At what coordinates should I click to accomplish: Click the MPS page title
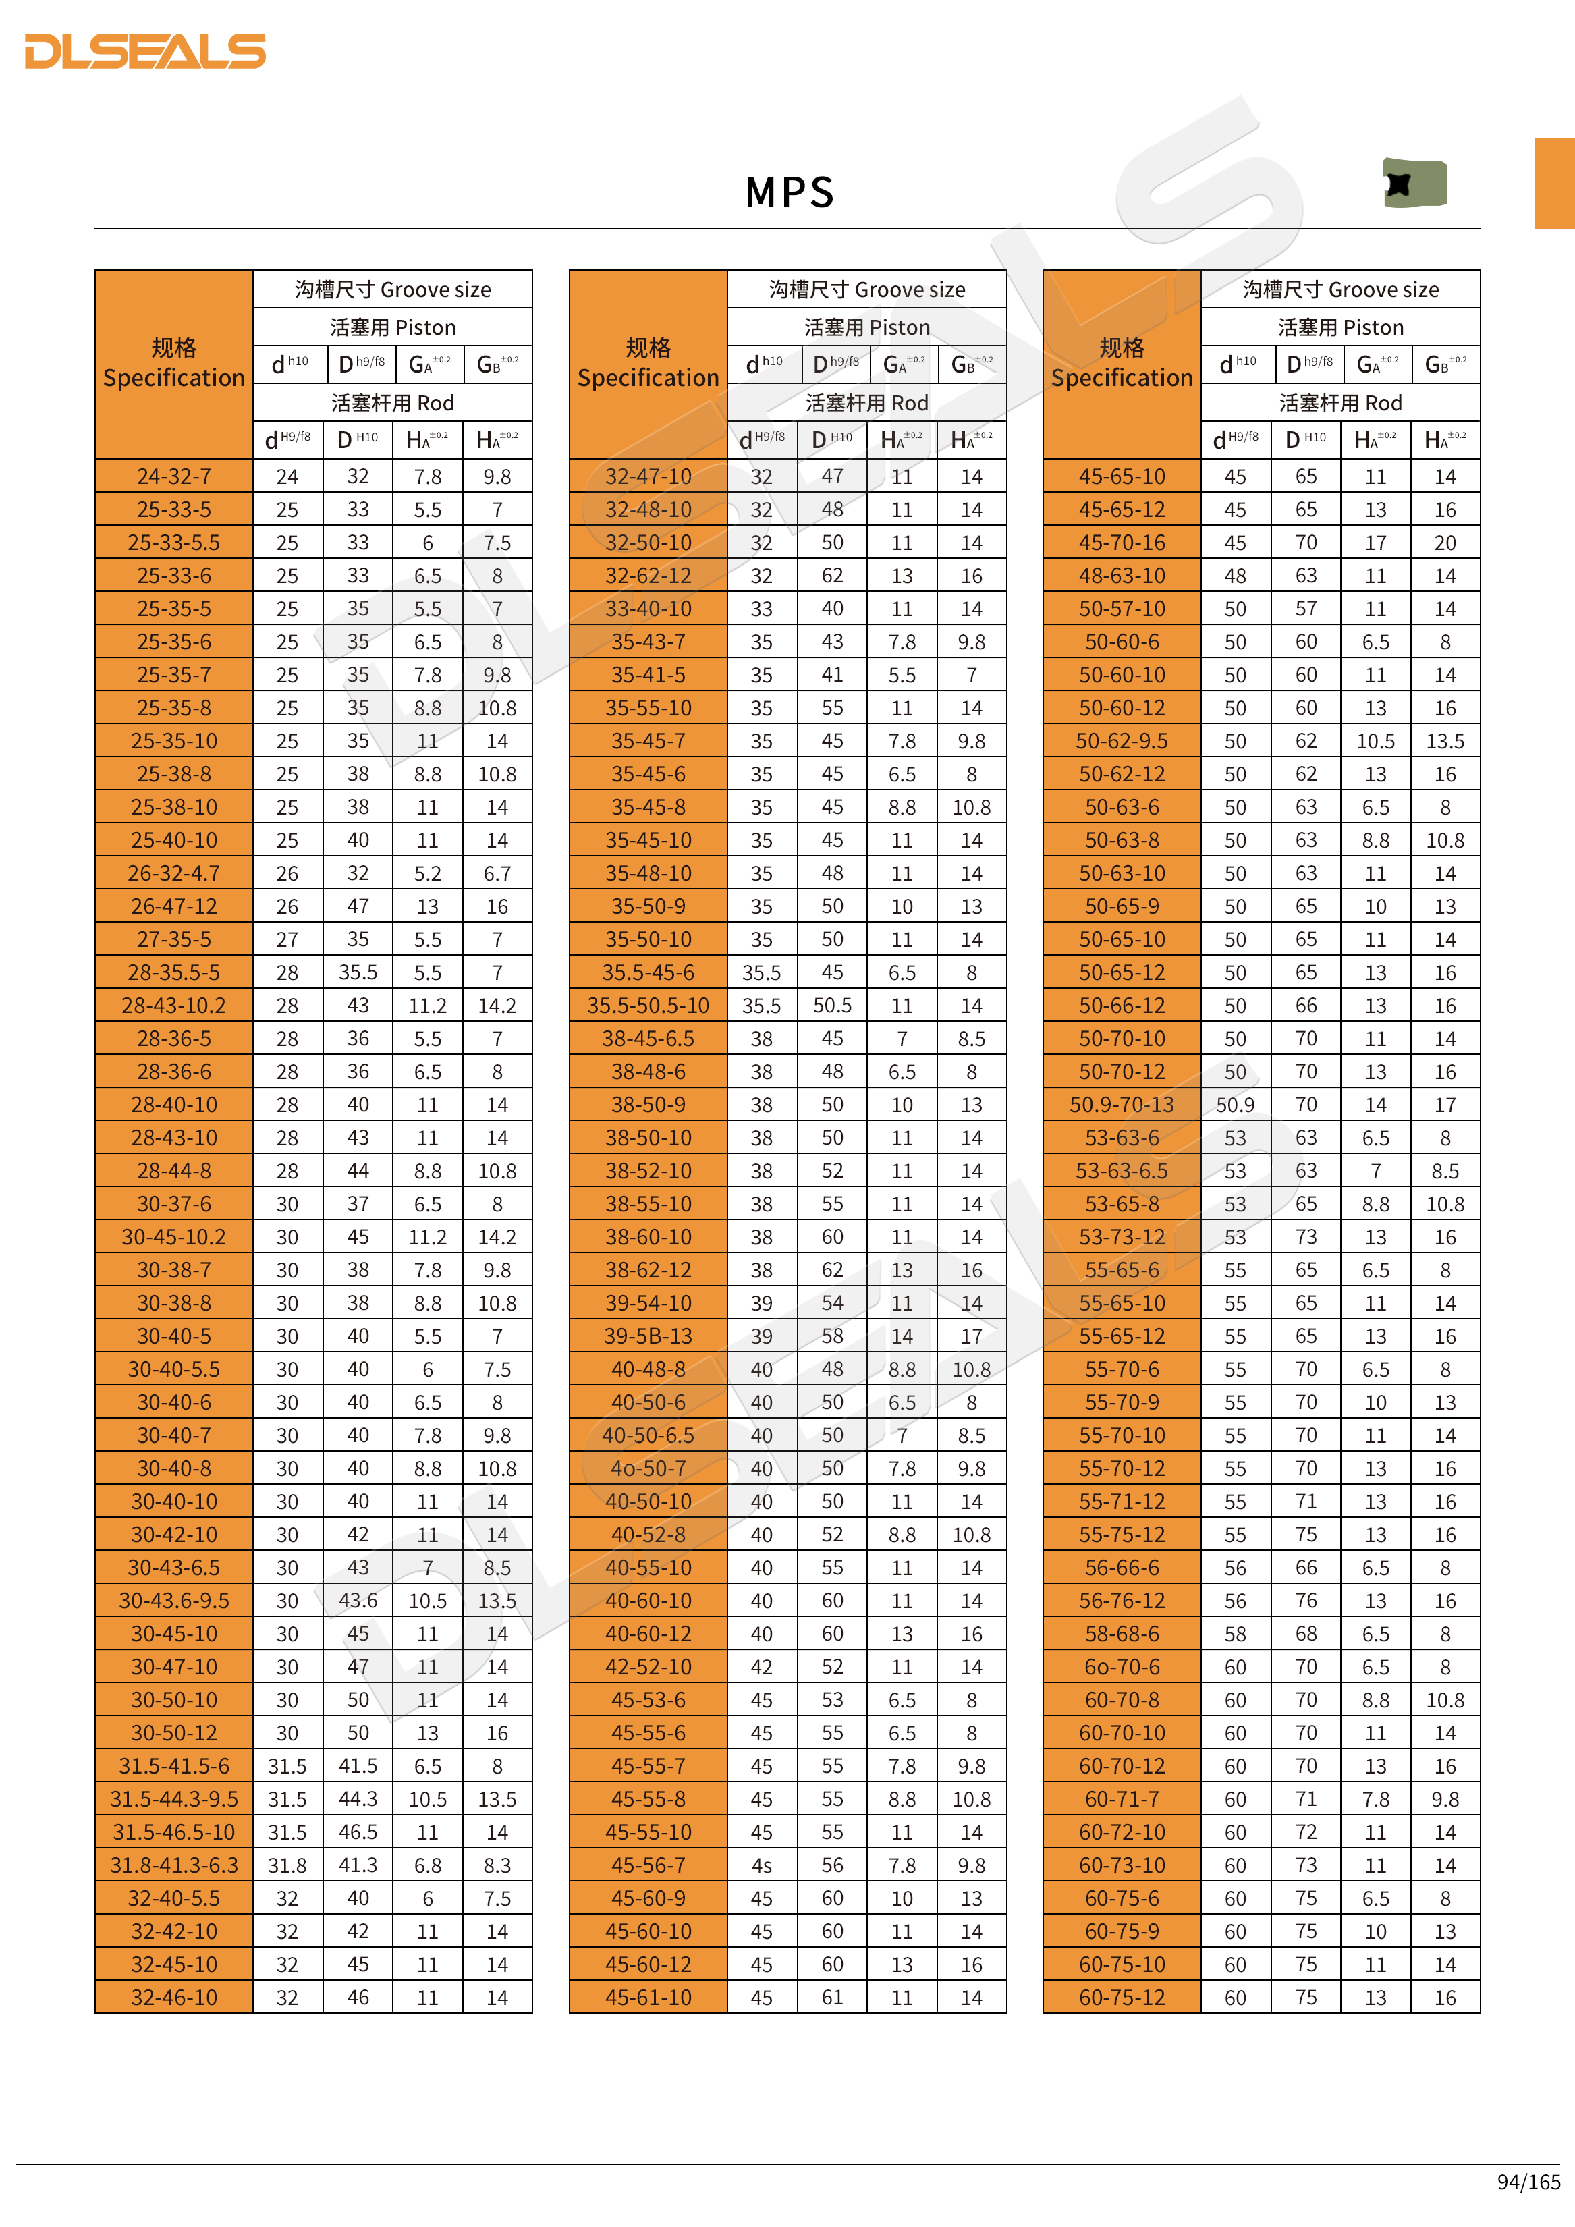[x=790, y=192]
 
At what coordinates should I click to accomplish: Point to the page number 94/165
[x=1528, y=2181]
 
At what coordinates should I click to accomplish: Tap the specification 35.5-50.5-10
[x=648, y=1006]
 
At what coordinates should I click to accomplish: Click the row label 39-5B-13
[x=648, y=1337]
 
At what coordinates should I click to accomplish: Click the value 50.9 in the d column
[x=1235, y=1105]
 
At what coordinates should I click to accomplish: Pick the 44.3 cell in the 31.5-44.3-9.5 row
[x=358, y=1799]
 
